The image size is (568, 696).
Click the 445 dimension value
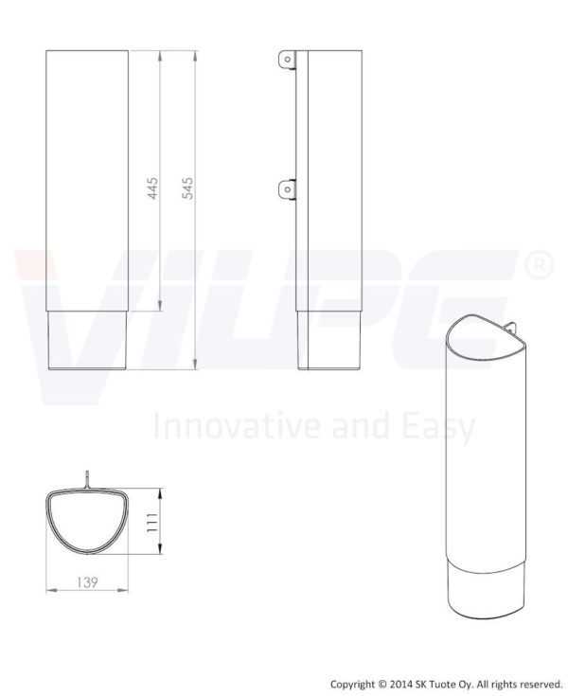click(152, 188)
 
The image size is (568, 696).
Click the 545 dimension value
click(187, 188)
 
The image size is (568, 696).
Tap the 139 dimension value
click(87, 582)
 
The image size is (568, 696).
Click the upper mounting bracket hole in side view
click(288, 59)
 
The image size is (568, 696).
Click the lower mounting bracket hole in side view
click(288, 189)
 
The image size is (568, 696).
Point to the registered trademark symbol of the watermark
click(540, 265)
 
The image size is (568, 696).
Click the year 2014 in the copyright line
click(400, 684)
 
